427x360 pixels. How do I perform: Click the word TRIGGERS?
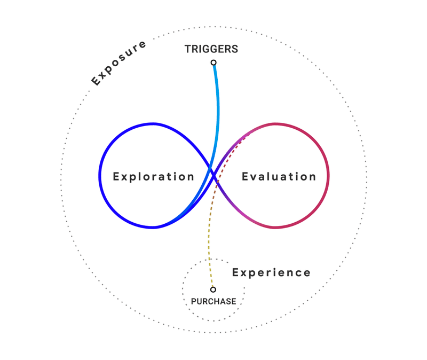[211, 49]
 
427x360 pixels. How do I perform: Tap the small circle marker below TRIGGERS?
[213, 62]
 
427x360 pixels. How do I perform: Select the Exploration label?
[154, 176]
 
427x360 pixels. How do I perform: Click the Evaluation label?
[279, 176]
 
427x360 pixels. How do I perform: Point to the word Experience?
[271, 272]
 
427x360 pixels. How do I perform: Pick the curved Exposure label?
[118, 63]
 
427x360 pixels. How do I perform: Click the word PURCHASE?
[213, 301]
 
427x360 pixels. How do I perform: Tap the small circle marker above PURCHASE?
[213, 289]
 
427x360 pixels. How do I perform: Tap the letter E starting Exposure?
[96, 82]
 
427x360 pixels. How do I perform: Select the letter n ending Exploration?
[191, 177]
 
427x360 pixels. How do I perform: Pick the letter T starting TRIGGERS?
[188, 49]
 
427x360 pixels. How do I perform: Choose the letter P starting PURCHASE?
[194, 301]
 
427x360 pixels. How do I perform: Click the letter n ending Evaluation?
[313, 177]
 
